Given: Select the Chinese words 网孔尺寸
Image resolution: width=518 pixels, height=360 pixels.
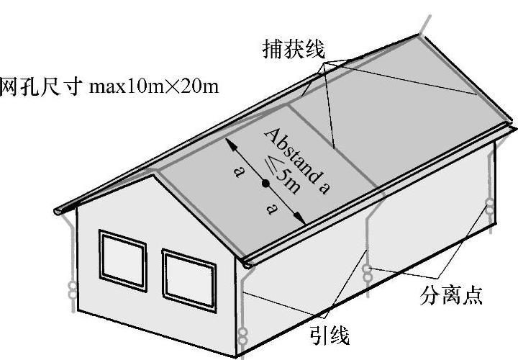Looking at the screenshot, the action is pos(42,86).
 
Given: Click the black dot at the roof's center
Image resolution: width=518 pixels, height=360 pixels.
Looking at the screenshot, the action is pos(265,184).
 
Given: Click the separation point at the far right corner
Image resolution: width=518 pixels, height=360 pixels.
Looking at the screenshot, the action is pos(490,208).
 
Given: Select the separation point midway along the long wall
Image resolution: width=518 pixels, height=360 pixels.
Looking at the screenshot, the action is pos(368,271).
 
